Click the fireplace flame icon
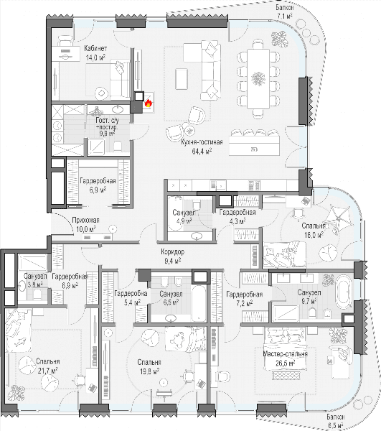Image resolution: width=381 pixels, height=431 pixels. [x=149, y=103]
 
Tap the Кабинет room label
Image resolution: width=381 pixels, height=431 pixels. [x=95, y=49]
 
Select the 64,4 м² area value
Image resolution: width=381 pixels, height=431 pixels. [x=202, y=151]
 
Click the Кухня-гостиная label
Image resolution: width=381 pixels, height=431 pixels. [x=202, y=142]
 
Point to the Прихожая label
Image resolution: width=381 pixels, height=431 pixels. [x=85, y=221]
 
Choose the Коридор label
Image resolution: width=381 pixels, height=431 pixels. [x=173, y=251]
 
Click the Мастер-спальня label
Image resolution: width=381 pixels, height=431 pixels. [x=285, y=353]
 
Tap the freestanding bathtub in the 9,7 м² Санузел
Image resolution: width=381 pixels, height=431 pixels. [x=344, y=293]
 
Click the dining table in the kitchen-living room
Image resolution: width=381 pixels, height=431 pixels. [x=258, y=79]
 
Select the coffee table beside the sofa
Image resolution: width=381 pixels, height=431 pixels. [x=181, y=79]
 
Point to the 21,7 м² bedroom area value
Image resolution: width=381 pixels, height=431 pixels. [x=47, y=371]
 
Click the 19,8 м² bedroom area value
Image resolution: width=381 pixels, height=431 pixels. [x=149, y=371]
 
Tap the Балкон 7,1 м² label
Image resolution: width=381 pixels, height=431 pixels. [x=285, y=11]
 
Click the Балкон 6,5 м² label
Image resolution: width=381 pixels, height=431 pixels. [x=335, y=421]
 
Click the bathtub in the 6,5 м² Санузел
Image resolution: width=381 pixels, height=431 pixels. [x=199, y=303]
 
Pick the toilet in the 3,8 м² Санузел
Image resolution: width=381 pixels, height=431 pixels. [x=37, y=295]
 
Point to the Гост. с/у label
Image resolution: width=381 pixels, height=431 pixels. [x=108, y=121]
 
